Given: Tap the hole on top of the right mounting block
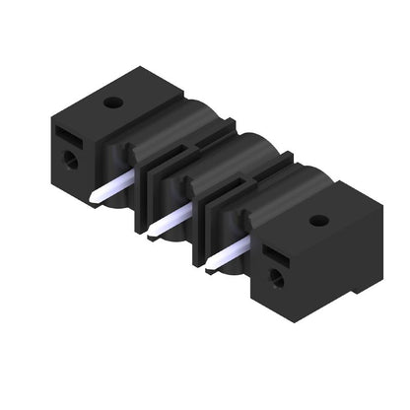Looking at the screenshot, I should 317,219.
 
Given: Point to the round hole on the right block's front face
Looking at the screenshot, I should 276,278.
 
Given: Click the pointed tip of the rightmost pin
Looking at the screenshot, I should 208,266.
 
